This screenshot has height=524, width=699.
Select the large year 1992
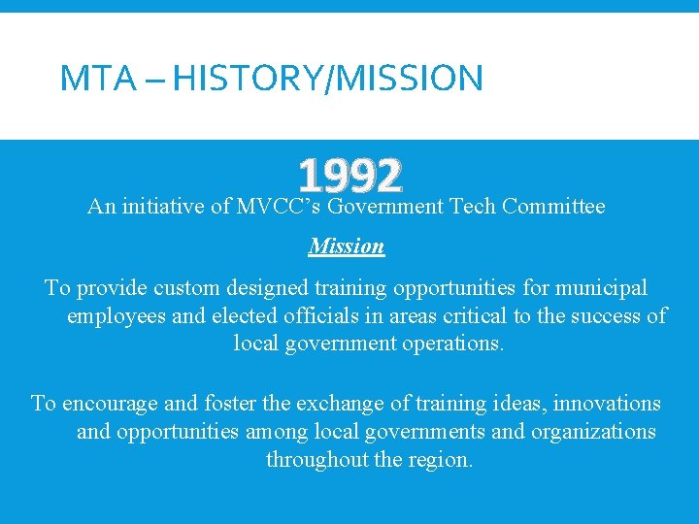click(349, 176)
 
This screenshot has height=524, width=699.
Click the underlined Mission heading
click(347, 246)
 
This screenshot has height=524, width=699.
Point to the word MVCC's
click(280, 207)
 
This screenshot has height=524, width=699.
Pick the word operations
click(451, 344)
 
